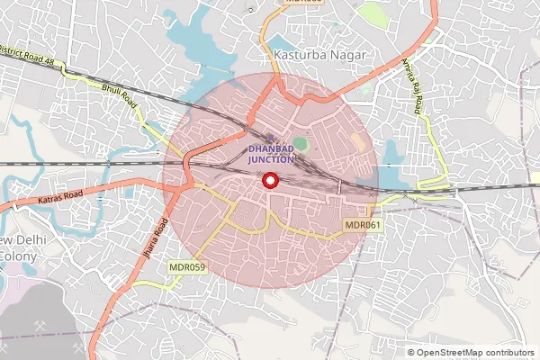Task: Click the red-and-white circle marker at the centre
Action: coord(270,180)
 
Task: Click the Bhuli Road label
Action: coord(118,94)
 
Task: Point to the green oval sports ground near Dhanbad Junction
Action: coord(301,144)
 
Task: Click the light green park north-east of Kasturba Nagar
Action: coord(371,13)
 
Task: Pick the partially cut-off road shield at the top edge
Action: coord(302,3)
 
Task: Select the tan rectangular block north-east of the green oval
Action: coord(359,142)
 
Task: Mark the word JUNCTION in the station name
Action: coord(271,159)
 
